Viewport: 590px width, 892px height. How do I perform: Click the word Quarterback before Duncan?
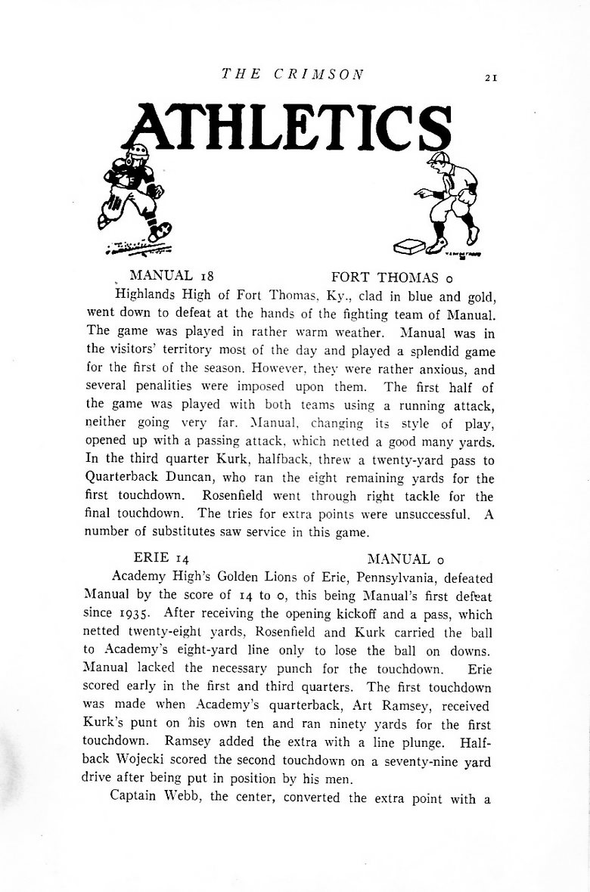click(129, 479)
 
